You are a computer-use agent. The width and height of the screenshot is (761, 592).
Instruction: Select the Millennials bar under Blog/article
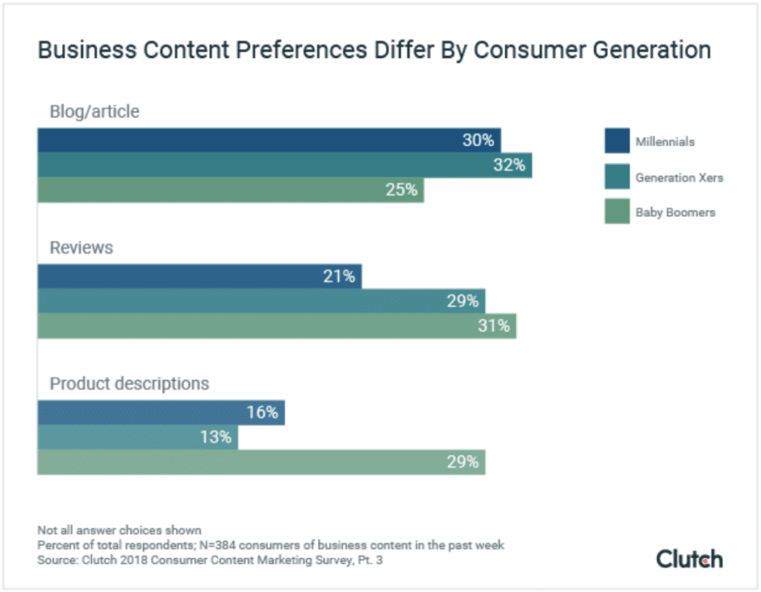click(255, 140)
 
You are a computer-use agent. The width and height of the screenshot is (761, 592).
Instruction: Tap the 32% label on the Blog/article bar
click(509, 165)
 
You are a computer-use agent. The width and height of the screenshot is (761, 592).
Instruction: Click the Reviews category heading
click(81, 248)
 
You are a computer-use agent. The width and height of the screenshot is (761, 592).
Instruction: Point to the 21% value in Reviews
click(338, 276)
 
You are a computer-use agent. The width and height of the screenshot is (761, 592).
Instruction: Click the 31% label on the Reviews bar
click(494, 326)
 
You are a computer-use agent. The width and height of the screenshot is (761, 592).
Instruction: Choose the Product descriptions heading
click(128, 384)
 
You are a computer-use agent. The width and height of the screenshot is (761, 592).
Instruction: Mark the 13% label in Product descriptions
click(216, 437)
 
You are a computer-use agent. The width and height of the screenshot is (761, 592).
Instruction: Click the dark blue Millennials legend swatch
click(616, 141)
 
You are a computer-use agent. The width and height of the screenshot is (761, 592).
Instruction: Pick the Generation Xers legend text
click(679, 178)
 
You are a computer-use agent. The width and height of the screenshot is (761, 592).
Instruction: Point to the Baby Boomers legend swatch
click(616, 212)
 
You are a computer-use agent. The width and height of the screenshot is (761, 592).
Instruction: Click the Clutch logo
click(689, 559)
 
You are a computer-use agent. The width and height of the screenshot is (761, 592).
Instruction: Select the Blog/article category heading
click(94, 111)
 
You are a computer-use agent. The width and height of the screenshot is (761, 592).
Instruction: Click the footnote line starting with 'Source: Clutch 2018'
click(213, 561)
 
